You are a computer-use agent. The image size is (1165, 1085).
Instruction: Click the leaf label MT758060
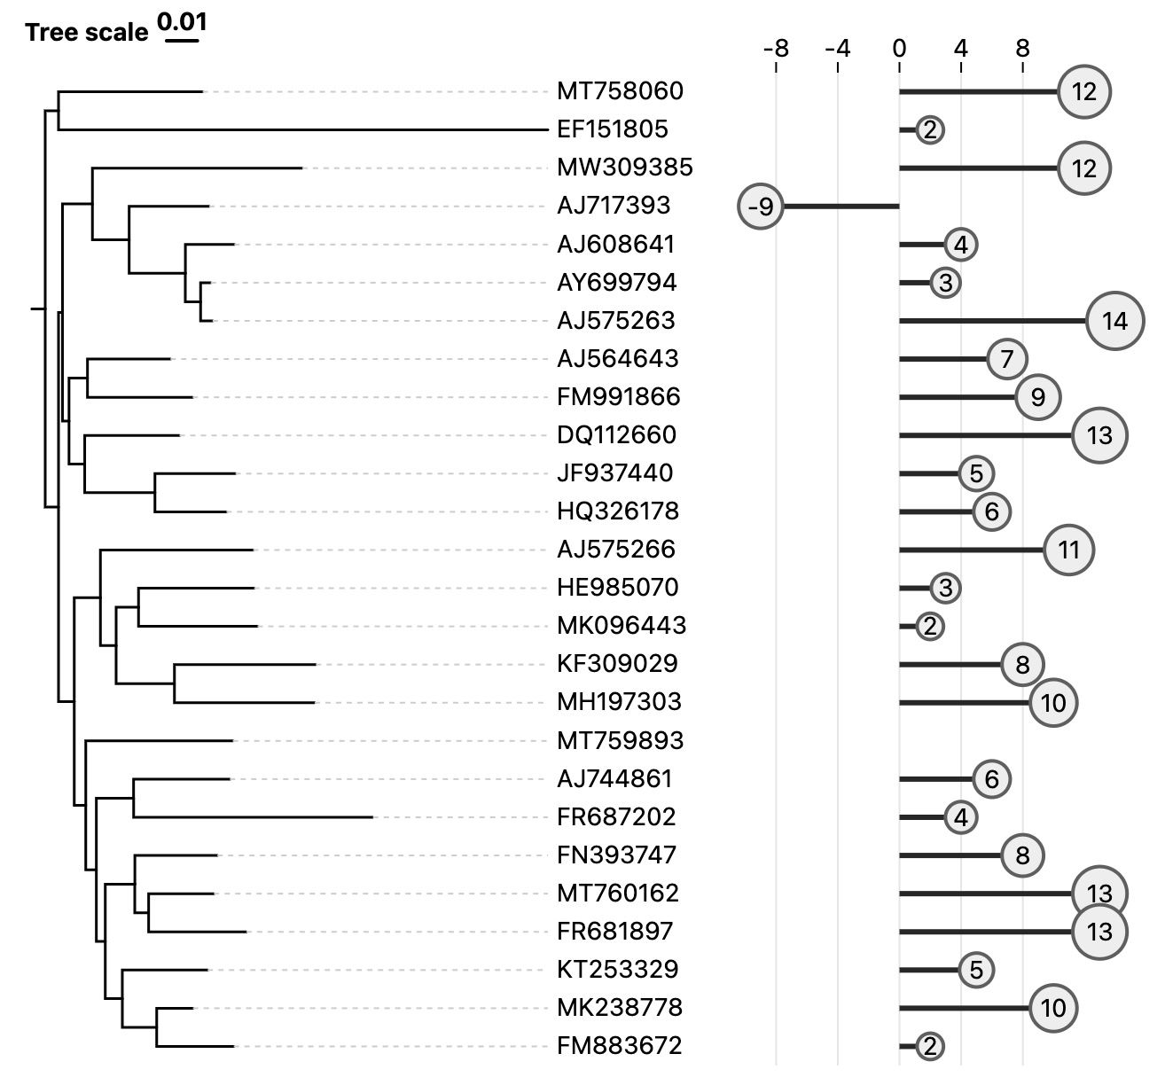pyautogui.click(x=620, y=91)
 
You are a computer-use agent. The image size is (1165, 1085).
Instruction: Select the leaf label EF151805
pyautogui.click(x=612, y=129)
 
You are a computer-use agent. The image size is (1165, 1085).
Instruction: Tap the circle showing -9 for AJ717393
pyautogui.click(x=761, y=207)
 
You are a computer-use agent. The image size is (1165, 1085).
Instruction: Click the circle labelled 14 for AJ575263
pyautogui.click(x=1114, y=321)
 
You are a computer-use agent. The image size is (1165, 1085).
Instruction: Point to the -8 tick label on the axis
pyautogui.click(x=776, y=48)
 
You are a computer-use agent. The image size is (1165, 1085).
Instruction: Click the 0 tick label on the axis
pyautogui.click(x=899, y=48)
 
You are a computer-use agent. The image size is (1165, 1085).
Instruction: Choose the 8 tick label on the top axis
pyautogui.click(x=1022, y=48)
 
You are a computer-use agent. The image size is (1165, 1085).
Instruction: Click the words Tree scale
pyautogui.click(x=87, y=33)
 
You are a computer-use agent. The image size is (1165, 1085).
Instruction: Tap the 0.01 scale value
pyautogui.click(x=183, y=21)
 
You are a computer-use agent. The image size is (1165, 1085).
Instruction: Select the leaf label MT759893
pyautogui.click(x=620, y=740)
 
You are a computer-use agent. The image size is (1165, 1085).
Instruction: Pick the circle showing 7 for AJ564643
pyautogui.click(x=1006, y=359)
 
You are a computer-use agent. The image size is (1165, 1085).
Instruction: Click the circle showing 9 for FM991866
pyautogui.click(x=1037, y=397)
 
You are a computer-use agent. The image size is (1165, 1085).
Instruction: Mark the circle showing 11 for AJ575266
pyautogui.click(x=1068, y=550)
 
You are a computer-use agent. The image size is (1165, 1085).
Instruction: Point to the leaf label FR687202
pyautogui.click(x=616, y=816)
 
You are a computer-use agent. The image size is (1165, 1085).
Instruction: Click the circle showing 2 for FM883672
pyautogui.click(x=929, y=1046)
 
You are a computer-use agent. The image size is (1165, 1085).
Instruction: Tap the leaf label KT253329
pyautogui.click(x=617, y=969)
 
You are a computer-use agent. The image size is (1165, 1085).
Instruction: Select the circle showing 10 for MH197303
pyautogui.click(x=1052, y=703)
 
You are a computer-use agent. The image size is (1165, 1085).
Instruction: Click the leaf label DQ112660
pyautogui.click(x=616, y=435)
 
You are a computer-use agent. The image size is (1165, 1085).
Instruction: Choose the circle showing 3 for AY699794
pyautogui.click(x=945, y=283)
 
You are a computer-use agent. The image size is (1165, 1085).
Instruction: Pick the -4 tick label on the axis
pyautogui.click(x=837, y=48)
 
